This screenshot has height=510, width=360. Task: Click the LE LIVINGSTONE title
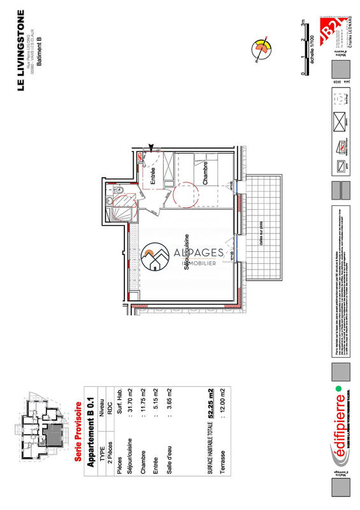point(21,51)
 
